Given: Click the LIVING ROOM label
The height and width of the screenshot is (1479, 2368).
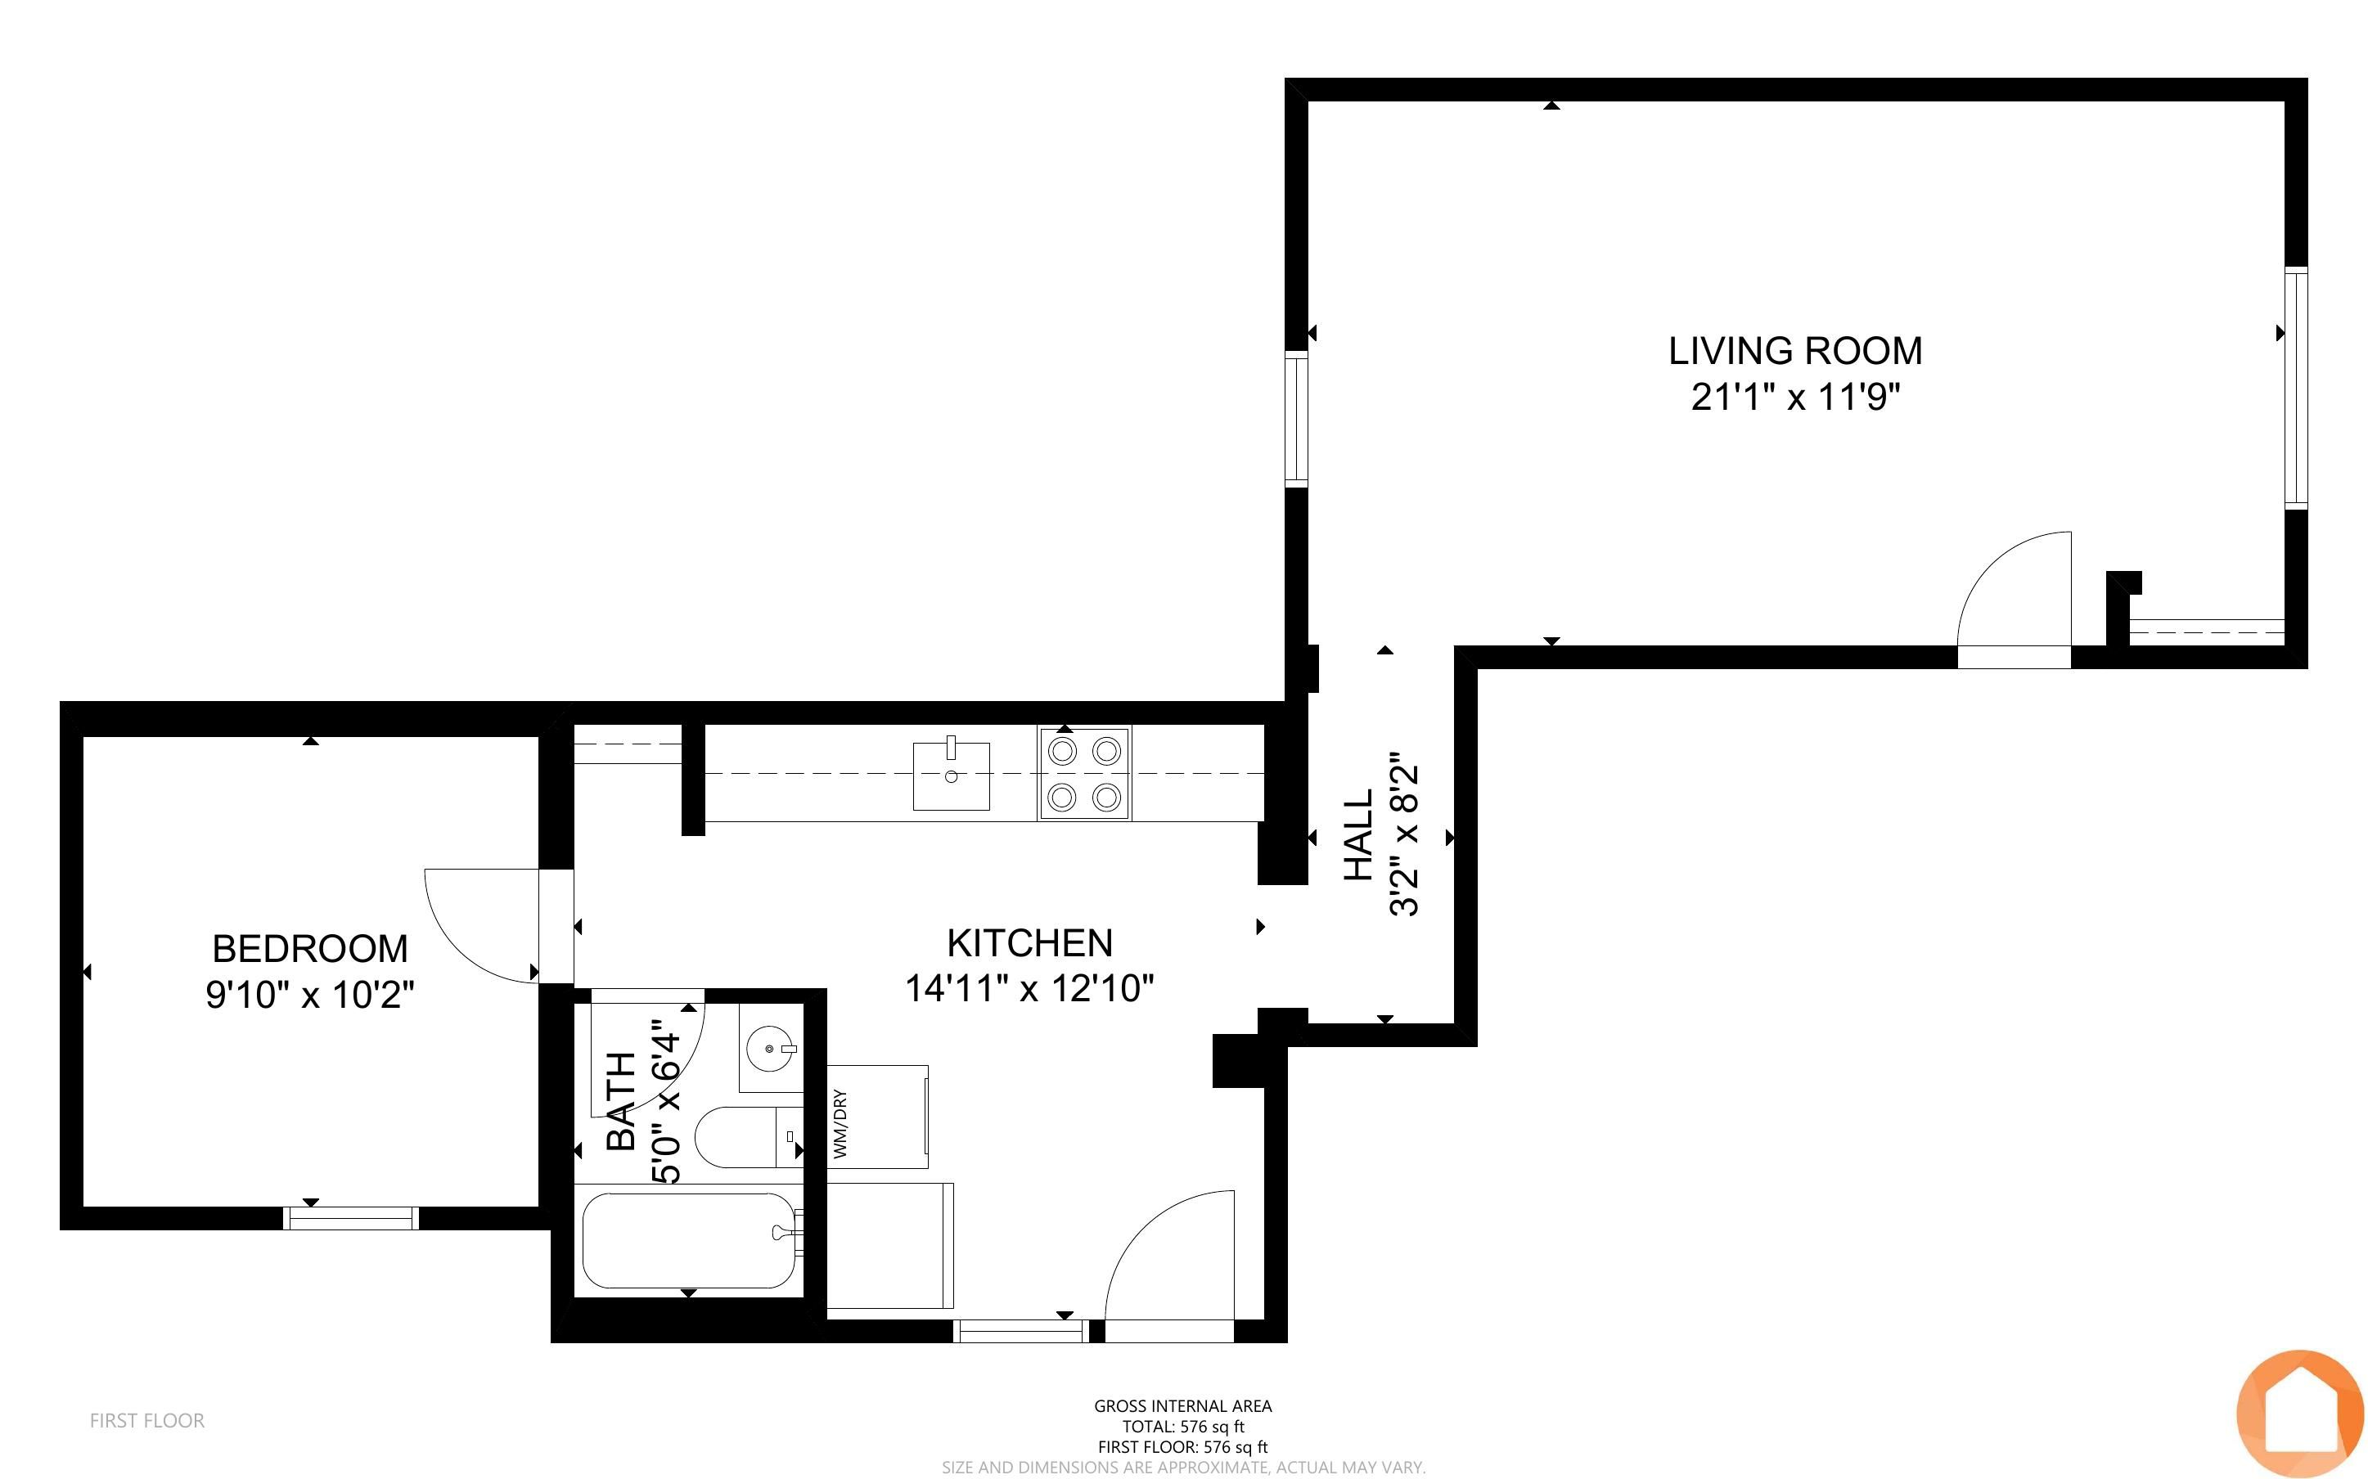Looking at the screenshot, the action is pos(1795,350).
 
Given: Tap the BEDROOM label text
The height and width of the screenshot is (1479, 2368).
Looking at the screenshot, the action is pos(310,949).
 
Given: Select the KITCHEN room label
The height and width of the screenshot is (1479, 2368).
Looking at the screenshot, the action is pos(1030,943).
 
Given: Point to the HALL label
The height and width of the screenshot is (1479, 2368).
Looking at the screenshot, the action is pos(1358,835).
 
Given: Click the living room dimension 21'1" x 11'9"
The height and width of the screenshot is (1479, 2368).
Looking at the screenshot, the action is pos(1796,397).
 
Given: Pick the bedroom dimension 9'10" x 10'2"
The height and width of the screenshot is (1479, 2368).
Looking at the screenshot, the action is pos(310,995).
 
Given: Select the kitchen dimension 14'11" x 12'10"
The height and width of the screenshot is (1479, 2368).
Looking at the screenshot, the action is pos(1030,988).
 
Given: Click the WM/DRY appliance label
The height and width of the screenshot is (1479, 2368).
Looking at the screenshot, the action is pos(840,1124).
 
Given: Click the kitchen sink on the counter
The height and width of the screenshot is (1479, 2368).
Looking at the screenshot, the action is pos(951,775).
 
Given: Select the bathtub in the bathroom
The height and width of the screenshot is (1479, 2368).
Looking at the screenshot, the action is pos(690,1240).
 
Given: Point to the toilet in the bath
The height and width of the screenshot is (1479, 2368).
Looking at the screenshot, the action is pos(748,1136).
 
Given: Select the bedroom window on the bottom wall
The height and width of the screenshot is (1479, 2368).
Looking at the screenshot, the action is pos(350,1218).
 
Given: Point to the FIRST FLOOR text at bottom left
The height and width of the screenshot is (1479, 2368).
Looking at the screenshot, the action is pos(146,1420).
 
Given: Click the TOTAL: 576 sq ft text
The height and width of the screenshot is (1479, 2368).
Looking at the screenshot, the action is pos(1182,1426).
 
